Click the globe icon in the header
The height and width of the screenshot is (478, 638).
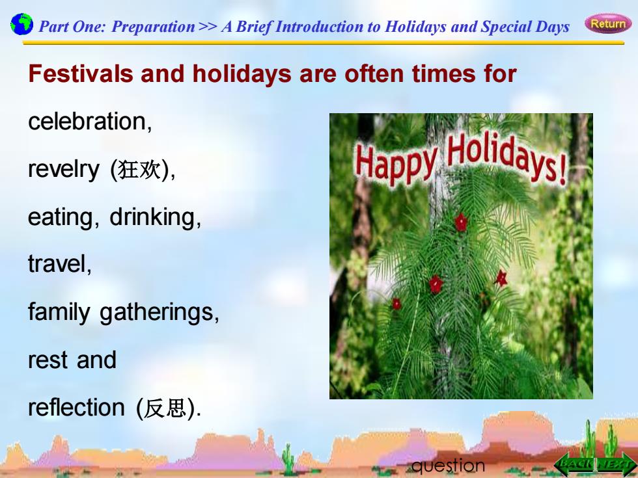pyautogui.click(x=21, y=24)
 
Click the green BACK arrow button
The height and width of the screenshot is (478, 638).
pyautogui.click(x=574, y=464)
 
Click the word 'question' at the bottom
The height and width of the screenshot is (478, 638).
pyautogui.click(x=448, y=466)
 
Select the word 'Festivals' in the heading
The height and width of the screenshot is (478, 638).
pyautogui.click(x=81, y=74)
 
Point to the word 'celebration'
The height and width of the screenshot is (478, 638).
pyautogui.click(x=87, y=121)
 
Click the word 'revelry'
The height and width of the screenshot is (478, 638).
pyautogui.click(x=64, y=170)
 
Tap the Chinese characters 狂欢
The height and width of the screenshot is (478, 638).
pyautogui.click(x=139, y=170)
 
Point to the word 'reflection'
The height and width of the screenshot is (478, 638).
pyautogui.click(x=77, y=407)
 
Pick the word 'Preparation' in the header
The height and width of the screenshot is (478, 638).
pyautogui.click(x=154, y=27)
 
